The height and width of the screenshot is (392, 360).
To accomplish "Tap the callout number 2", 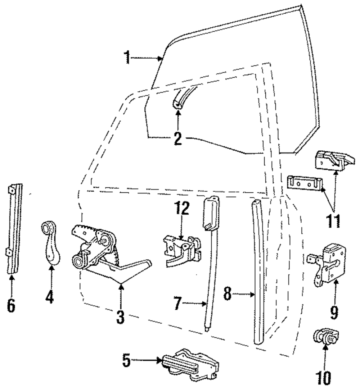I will (x=177, y=138).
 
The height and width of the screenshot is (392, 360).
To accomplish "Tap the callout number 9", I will (x=334, y=312).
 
